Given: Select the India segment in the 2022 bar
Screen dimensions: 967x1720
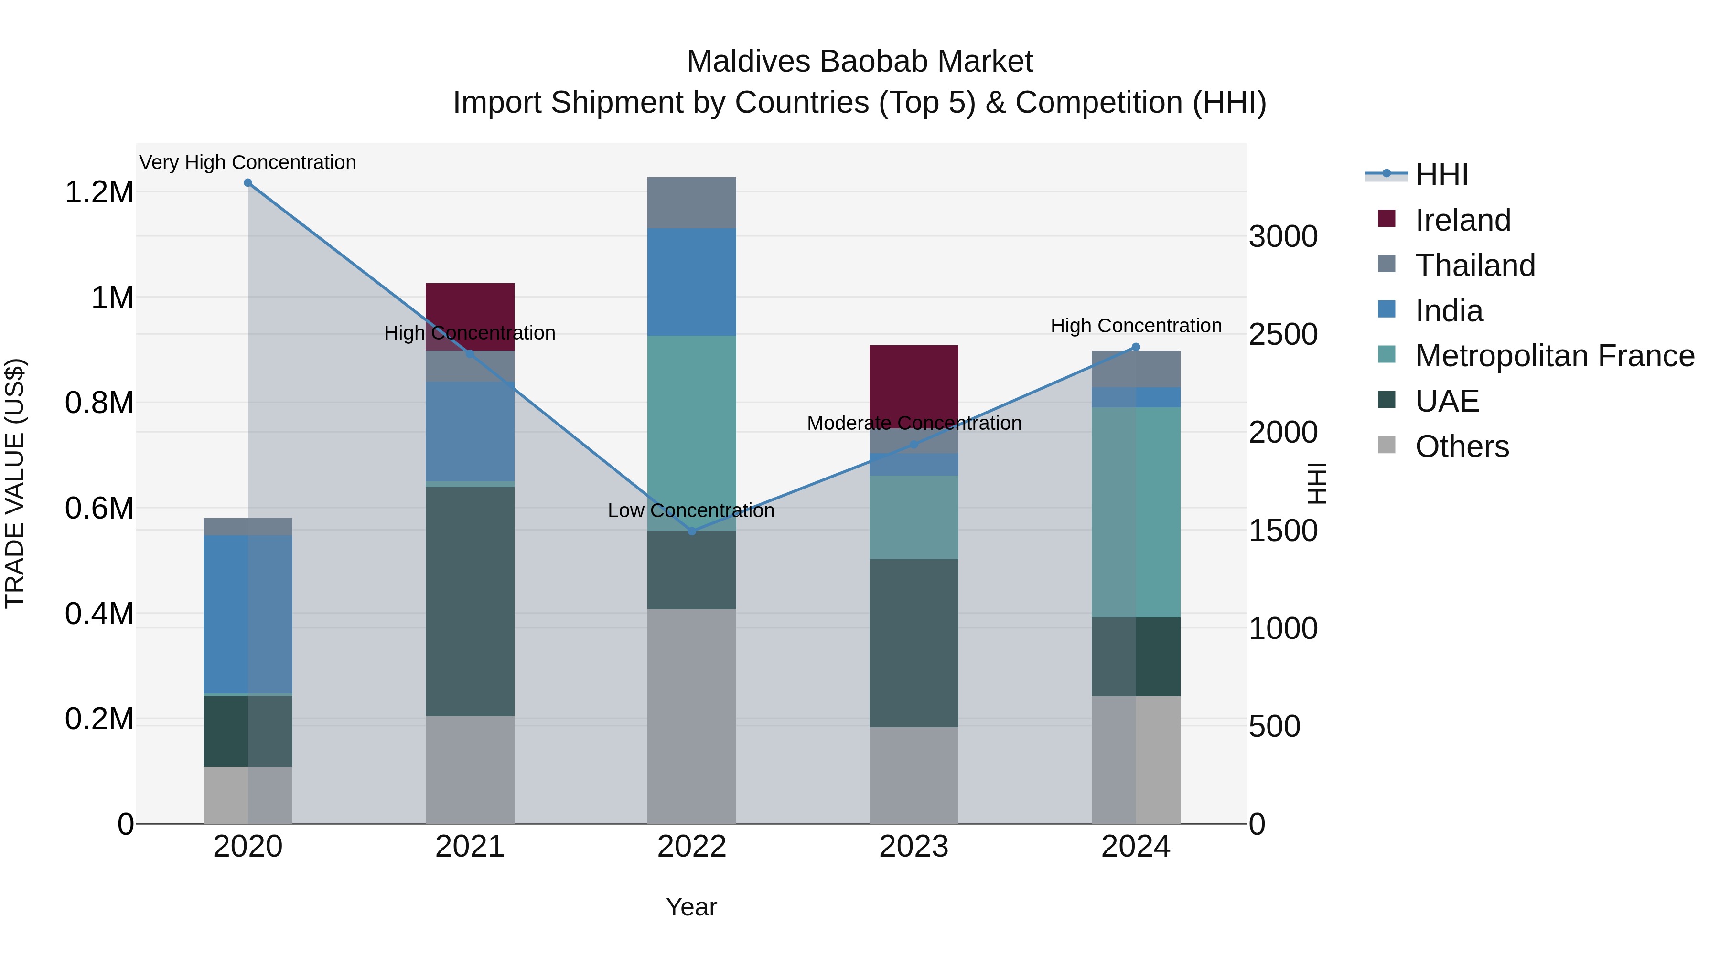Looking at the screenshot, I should point(692,282).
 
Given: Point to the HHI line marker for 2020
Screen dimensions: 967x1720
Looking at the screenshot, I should point(247,183).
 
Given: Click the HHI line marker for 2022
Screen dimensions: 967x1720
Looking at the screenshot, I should point(692,531).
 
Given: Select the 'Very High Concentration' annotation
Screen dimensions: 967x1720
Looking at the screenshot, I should point(247,163).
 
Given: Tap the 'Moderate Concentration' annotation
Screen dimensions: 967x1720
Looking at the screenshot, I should point(914,423).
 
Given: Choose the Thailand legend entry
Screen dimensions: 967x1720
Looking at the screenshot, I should point(1474,266).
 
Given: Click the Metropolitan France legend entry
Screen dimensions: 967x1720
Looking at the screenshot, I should point(1554,356).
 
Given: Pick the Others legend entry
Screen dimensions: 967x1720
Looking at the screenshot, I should point(1461,446).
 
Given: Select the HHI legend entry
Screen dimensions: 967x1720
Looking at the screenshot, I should point(1441,175).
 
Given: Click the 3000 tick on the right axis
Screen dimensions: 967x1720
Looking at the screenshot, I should point(1283,237).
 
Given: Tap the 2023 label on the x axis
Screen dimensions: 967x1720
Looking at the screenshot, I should point(914,847).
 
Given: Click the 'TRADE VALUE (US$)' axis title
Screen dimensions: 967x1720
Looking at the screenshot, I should point(16,483).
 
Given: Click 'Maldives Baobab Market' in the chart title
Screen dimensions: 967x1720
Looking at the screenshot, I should point(860,62).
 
